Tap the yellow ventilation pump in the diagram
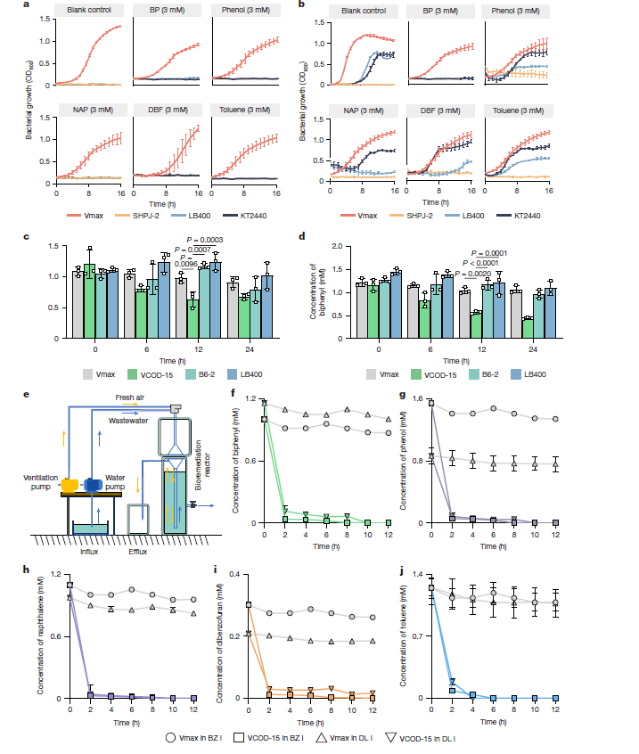pos(69,485)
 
